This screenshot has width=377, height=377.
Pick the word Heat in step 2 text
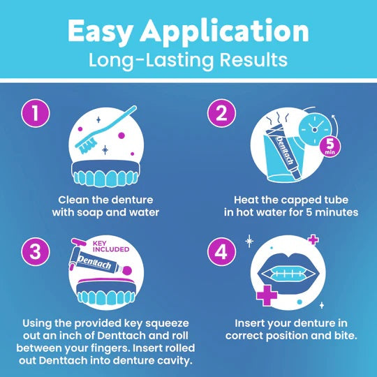(247, 198)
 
